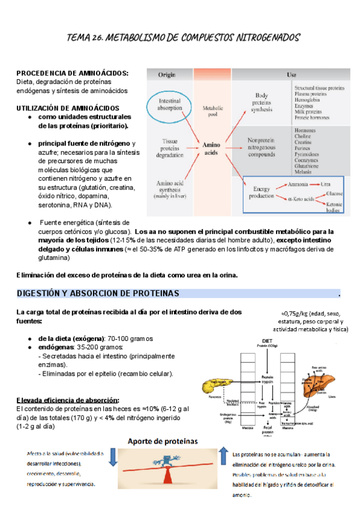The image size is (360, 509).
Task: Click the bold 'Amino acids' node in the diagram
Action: coord(211,148)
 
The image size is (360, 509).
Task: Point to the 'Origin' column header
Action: coord(166,75)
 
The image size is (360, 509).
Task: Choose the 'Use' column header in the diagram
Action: coord(292,75)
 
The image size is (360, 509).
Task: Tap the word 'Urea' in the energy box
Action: coord(326,184)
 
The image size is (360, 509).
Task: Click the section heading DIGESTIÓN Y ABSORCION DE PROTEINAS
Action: coord(99,294)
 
